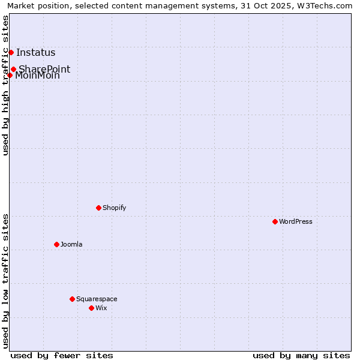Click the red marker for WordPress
pyautogui.click(x=275, y=221)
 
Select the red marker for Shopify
pyautogui.click(x=98, y=208)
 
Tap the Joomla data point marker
pyautogui.click(x=57, y=244)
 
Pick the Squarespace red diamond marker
pyautogui.click(x=73, y=299)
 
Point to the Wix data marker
pyautogui.click(x=92, y=308)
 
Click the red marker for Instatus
pyautogui.click(x=11, y=52)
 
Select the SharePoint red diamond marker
pyautogui.click(x=13, y=69)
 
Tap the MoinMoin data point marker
pyautogui.click(x=10, y=75)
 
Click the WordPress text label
pyautogui.click(x=295, y=221)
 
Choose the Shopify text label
pyautogui.click(x=114, y=208)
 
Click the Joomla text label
pyautogui.click(x=71, y=244)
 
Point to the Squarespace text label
pyautogui.click(x=97, y=299)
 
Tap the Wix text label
pyautogui.click(x=101, y=308)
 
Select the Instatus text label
pyautogui.click(x=35, y=53)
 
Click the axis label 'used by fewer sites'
pyautogui.click(x=62, y=355)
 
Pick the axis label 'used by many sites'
pyautogui.click(x=301, y=355)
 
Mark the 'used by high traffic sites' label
pyautogui.click(x=5, y=85)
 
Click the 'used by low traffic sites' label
pyautogui.click(x=5, y=281)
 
